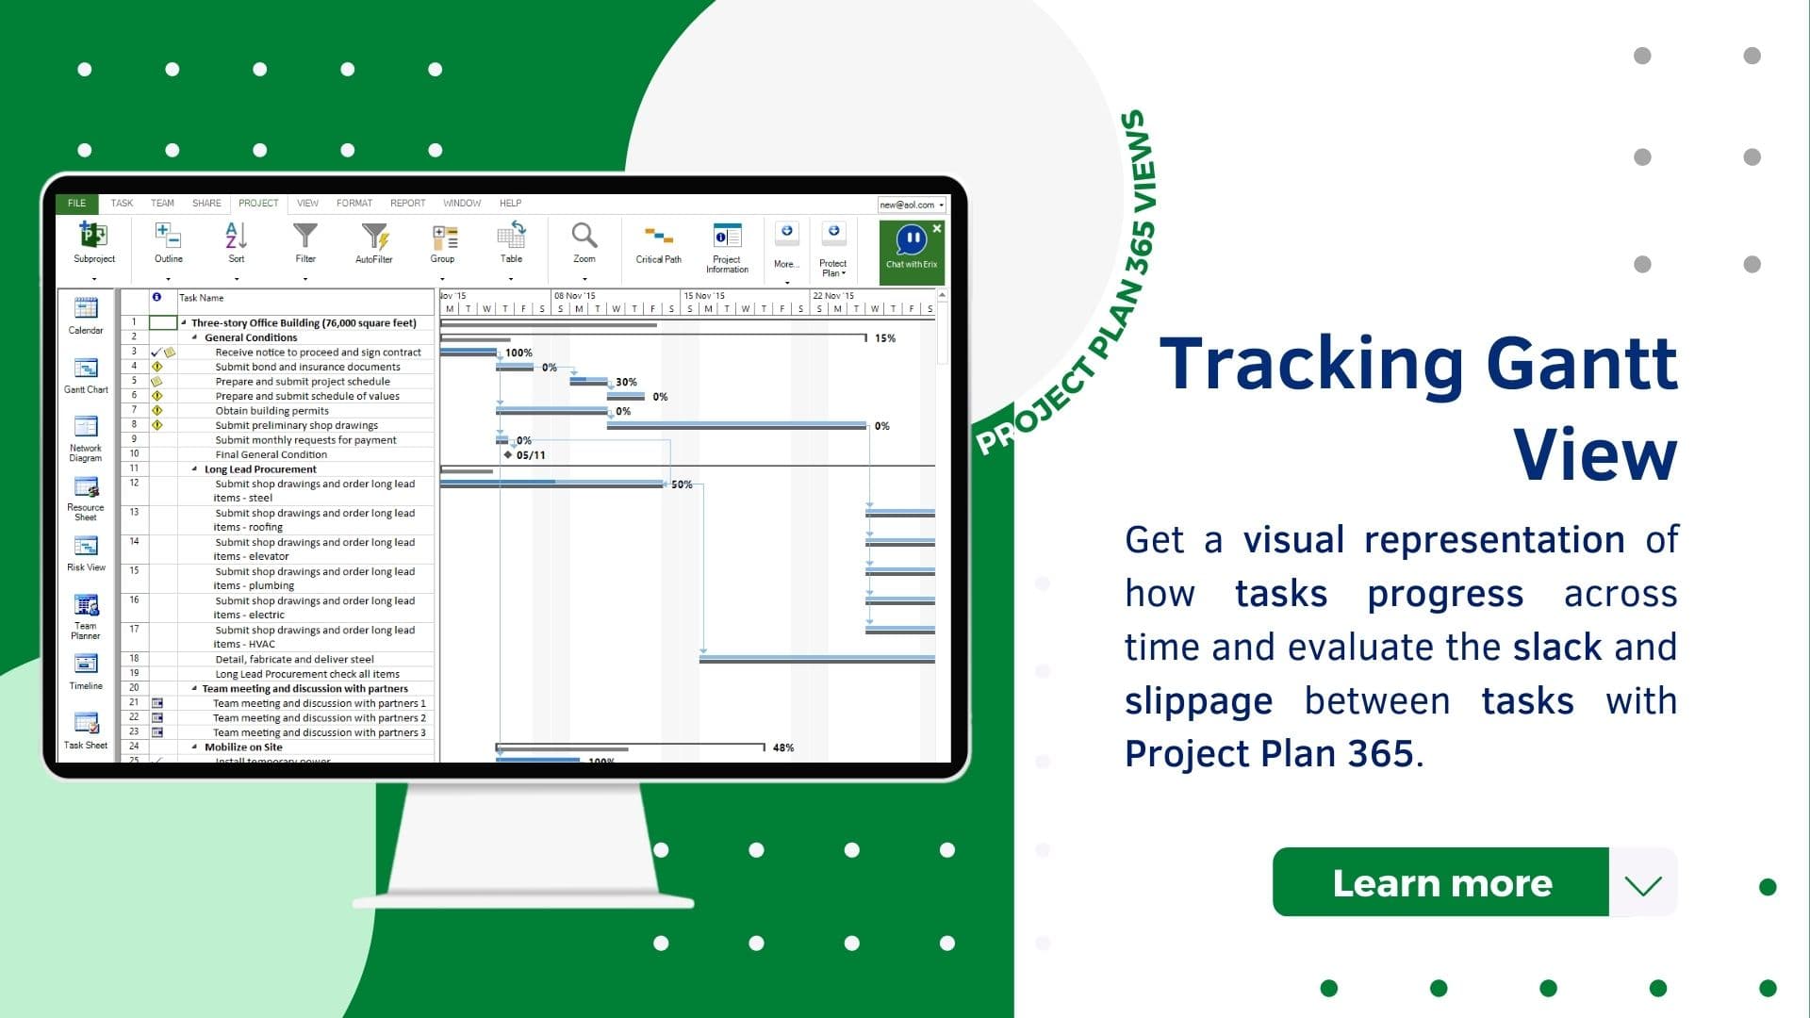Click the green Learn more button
[x=1440, y=882]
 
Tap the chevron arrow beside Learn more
[x=1643, y=884]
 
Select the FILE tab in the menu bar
[x=76, y=203]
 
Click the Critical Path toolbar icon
[x=658, y=243]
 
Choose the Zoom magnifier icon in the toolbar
[x=584, y=241]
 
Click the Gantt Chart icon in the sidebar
[x=86, y=374]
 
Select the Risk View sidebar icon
[x=86, y=552]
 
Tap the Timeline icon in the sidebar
[x=86, y=670]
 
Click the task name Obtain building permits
[x=271, y=411]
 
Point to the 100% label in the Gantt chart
[x=518, y=353]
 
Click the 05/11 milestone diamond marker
[x=508, y=454]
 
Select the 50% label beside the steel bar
[x=682, y=484]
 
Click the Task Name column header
[x=202, y=298]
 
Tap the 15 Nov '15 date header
[x=704, y=296]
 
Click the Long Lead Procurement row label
[x=260, y=469]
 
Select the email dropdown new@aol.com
[x=911, y=205]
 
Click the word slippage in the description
[x=1198, y=701]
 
